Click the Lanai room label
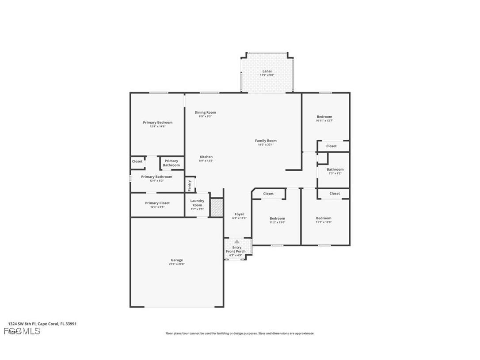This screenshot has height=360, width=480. pos(267,71)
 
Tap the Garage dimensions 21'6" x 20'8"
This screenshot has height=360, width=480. pos(176,264)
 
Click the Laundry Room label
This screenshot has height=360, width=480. pos(197,203)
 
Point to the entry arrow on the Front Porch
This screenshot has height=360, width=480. pos(237,241)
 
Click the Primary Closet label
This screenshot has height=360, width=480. pos(157,203)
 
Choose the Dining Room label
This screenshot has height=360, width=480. pos(206,112)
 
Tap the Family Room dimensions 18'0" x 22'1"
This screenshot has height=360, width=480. pos(266,145)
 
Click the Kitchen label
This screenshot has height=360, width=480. pos(206,157)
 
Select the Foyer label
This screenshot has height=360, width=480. pos(239,214)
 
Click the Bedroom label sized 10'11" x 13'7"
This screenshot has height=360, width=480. pos(324,117)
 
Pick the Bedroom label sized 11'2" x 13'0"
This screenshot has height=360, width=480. pos(278,218)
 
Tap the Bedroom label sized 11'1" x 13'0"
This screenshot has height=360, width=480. pos(324,218)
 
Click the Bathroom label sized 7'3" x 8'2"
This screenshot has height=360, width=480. pos(335,169)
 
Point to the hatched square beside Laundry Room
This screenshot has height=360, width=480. pos(216,207)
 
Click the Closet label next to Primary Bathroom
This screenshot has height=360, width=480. pos(137,161)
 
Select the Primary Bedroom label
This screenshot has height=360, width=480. pos(158,123)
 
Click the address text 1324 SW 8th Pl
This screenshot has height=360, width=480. pos(22,324)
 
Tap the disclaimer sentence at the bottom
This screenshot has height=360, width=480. pos(240,333)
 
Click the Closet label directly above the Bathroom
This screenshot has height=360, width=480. pos(331,146)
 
